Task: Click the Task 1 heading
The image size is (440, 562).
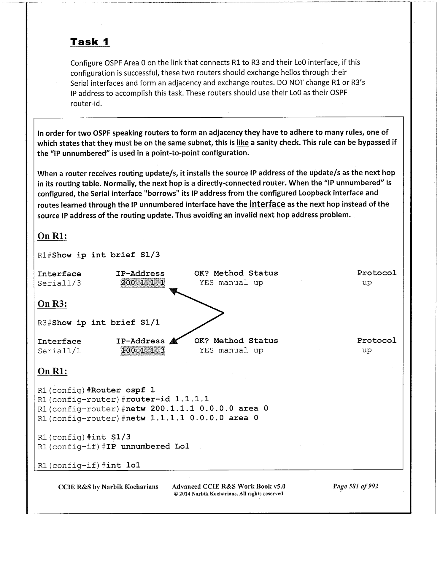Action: coord(90,42)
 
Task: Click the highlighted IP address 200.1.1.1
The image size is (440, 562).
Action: coord(142,283)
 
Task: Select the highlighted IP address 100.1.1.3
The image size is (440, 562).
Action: coord(142,351)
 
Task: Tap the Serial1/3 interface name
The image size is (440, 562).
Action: coord(59,283)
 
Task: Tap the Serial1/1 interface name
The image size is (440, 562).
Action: coord(59,351)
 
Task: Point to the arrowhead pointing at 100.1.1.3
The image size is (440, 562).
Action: coord(173,341)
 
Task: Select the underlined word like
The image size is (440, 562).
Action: coord(242,143)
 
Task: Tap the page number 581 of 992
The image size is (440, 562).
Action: coord(355,486)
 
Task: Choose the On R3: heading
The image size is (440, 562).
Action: coord(52,304)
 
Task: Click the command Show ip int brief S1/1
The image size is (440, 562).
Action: coord(106,322)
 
